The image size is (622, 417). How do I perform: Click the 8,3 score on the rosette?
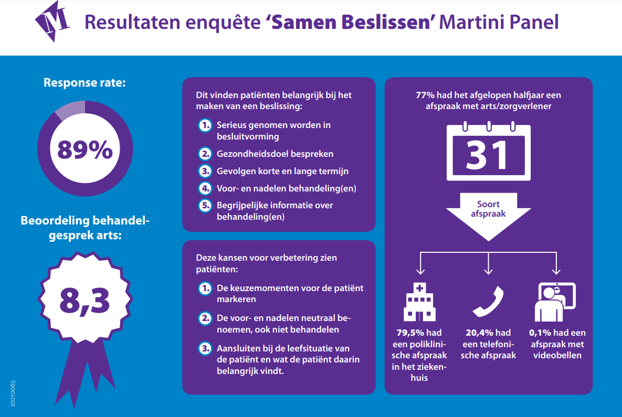pyautogui.click(x=85, y=300)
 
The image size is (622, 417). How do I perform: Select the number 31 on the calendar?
pyautogui.click(x=488, y=155)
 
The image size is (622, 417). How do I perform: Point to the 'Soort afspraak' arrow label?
pyautogui.click(x=488, y=209)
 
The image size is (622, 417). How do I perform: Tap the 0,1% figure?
pyautogui.click(x=541, y=333)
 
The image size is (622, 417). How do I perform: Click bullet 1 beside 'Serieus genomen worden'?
pyautogui.click(x=204, y=126)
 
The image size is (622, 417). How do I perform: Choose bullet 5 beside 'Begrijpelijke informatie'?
pyautogui.click(x=204, y=206)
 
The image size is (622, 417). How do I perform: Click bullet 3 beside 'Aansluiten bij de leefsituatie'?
pyautogui.click(x=204, y=349)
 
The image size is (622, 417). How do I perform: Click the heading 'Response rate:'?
pyautogui.click(x=85, y=82)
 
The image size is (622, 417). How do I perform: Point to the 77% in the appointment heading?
pyautogui.click(x=425, y=96)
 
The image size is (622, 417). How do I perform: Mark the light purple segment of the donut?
pyautogui.click(x=68, y=110)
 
